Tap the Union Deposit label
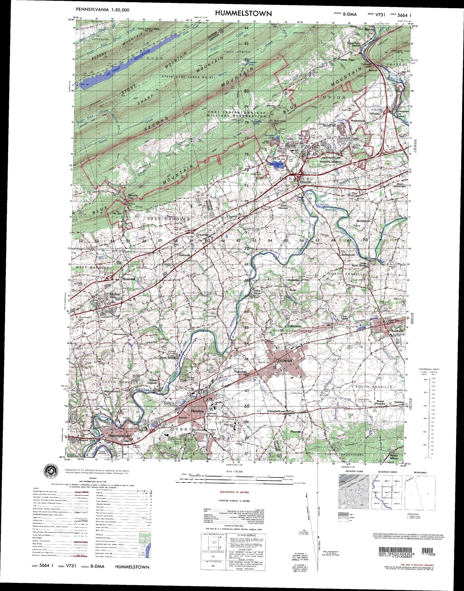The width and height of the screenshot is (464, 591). (153, 381)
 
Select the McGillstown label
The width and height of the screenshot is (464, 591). (364, 221)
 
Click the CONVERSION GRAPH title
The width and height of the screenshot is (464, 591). (429, 369)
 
